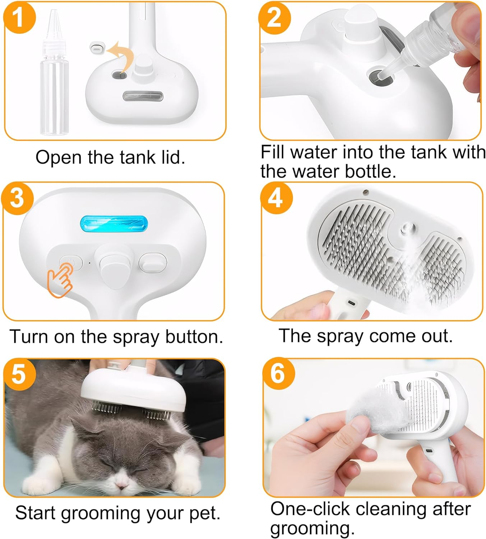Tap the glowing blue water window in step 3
click(114, 224)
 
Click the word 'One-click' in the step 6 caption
click(310, 509)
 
